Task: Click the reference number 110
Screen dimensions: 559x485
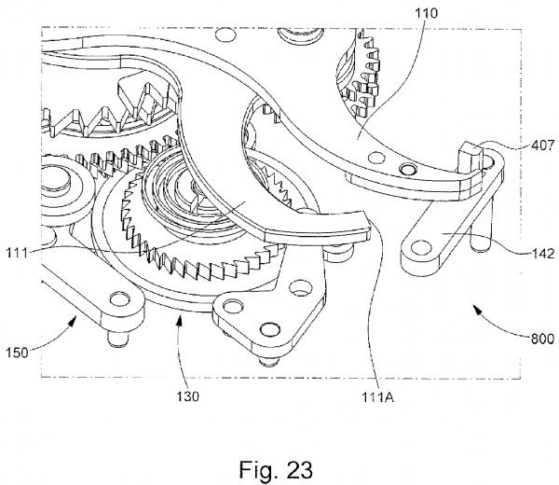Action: click(426, 13)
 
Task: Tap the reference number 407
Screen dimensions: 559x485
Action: click(543, 145)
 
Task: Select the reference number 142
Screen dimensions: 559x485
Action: click(543, 254)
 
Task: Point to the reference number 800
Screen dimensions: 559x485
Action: click(542, 339)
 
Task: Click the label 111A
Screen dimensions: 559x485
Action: click(378, 396)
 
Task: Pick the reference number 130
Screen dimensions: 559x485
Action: click(188, 396)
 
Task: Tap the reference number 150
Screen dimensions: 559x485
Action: click(17, 353)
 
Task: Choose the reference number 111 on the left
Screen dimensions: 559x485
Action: click(17, 253)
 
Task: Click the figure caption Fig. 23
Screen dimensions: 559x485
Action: click(276, 469)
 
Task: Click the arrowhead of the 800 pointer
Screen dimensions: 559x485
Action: click(476, 309)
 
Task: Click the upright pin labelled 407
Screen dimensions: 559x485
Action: click(470, 157)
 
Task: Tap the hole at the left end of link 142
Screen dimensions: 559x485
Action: click(421, 248)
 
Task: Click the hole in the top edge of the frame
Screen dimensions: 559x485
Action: click(225, 35)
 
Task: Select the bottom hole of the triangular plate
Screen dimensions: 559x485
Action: click(270, 329)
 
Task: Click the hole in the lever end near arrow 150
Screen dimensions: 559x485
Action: click(119, 299)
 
